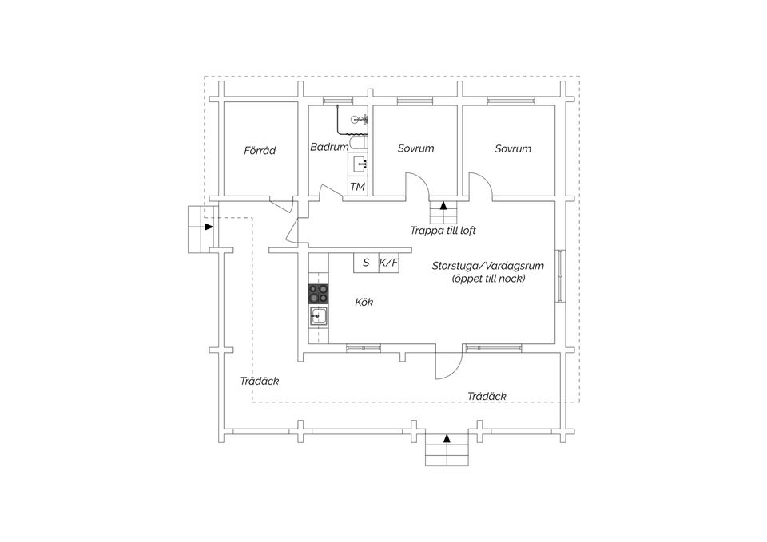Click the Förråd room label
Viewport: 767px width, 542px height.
click(260, 151)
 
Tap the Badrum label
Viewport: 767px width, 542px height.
click(329, 147)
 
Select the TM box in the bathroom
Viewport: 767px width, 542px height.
click(358, 186)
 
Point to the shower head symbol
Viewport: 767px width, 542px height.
click(360, 119)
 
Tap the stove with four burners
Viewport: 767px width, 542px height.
click(318, 294)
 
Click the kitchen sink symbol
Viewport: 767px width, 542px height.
click(319, 316)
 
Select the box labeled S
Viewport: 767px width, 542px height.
click(366, 263)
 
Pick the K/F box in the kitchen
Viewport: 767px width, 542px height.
click(388, 263)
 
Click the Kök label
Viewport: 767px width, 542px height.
click(364, 302)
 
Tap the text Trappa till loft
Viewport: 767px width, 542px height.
click(443, 230)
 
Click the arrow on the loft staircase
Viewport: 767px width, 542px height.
click(443, 205)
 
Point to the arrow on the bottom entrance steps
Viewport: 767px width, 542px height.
click(446, 438)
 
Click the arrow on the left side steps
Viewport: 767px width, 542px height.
click(209, 227)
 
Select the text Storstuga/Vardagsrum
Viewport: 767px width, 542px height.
click(487, 266)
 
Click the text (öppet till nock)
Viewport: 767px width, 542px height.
click(488, 279)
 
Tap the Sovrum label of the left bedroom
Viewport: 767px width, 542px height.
click(415, 148)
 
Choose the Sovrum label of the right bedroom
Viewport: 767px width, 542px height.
click(513, 148)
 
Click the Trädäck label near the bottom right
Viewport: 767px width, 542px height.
click(487, 397)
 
